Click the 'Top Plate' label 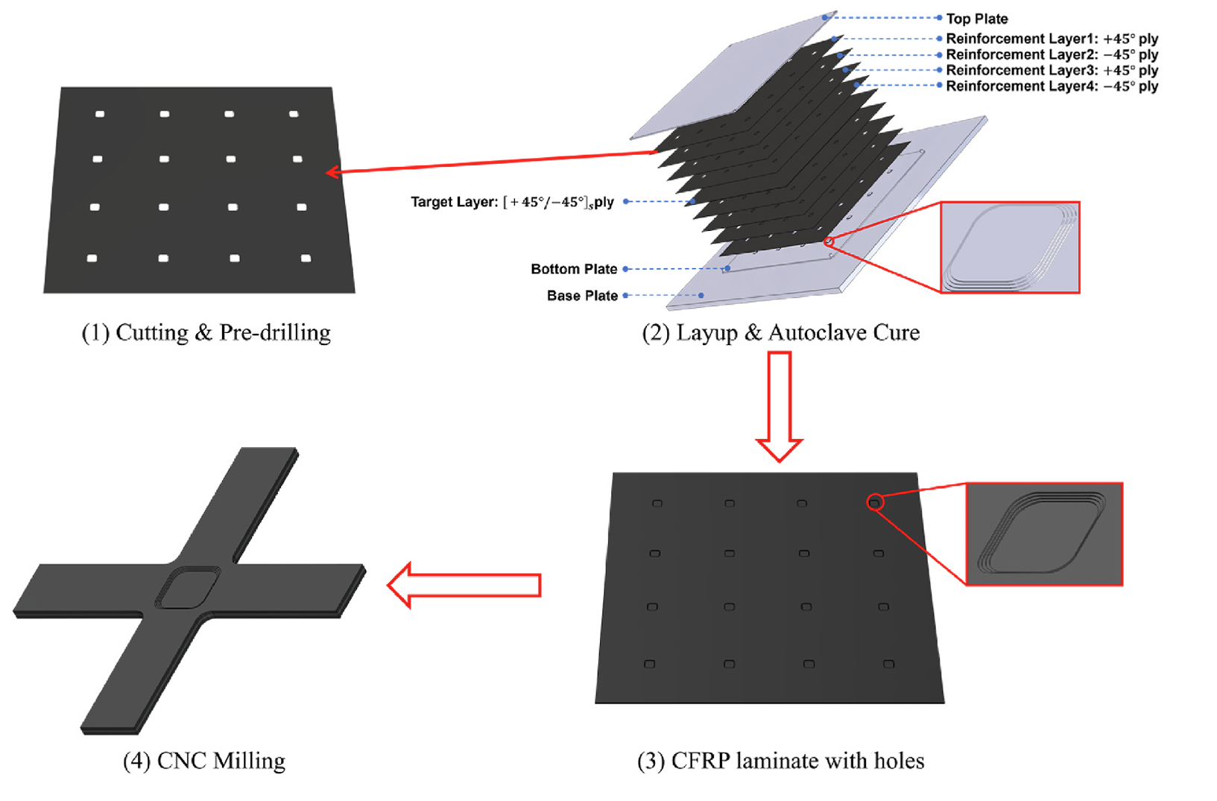pyautogui.click(x=976, y=19)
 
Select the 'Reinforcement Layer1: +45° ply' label pyautogui.click(x=1052, y=39)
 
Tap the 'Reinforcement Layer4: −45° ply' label pyautogui.click(x=1052, y=86)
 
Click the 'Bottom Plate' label pyautogui.click(x=574, y=269)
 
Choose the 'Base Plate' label pyautogui.click(x=582, y=296)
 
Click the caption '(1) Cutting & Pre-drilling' pyautogui.click(x=206, y=332)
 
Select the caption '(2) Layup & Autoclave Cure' pyautogui.click(x=780, y=332)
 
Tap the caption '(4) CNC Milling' pyautogui.click(x=204, y=761)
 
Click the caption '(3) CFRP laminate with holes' pyautogui.click(x=780, y=761)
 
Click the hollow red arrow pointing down pyautogui.click(x=779, y=406)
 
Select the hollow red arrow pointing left pyautogui.click(x=464, y=585)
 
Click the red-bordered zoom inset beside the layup pyautogui.click(x=1009, y=247)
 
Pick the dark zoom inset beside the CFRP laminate pyautogui.click(x=1043, y=534)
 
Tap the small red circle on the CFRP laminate pyautogui.click(x=875, y=503)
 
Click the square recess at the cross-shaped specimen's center pyautogui.click(x=188, y=588)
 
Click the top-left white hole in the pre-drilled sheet pyautogui.click(x=100, y=114)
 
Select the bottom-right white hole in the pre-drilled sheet pyautogui.click(x=306, y=259)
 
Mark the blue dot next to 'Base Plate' pyautogui.click(x=701, y=296)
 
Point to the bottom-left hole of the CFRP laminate pyautogui.click(x=650, y=664)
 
